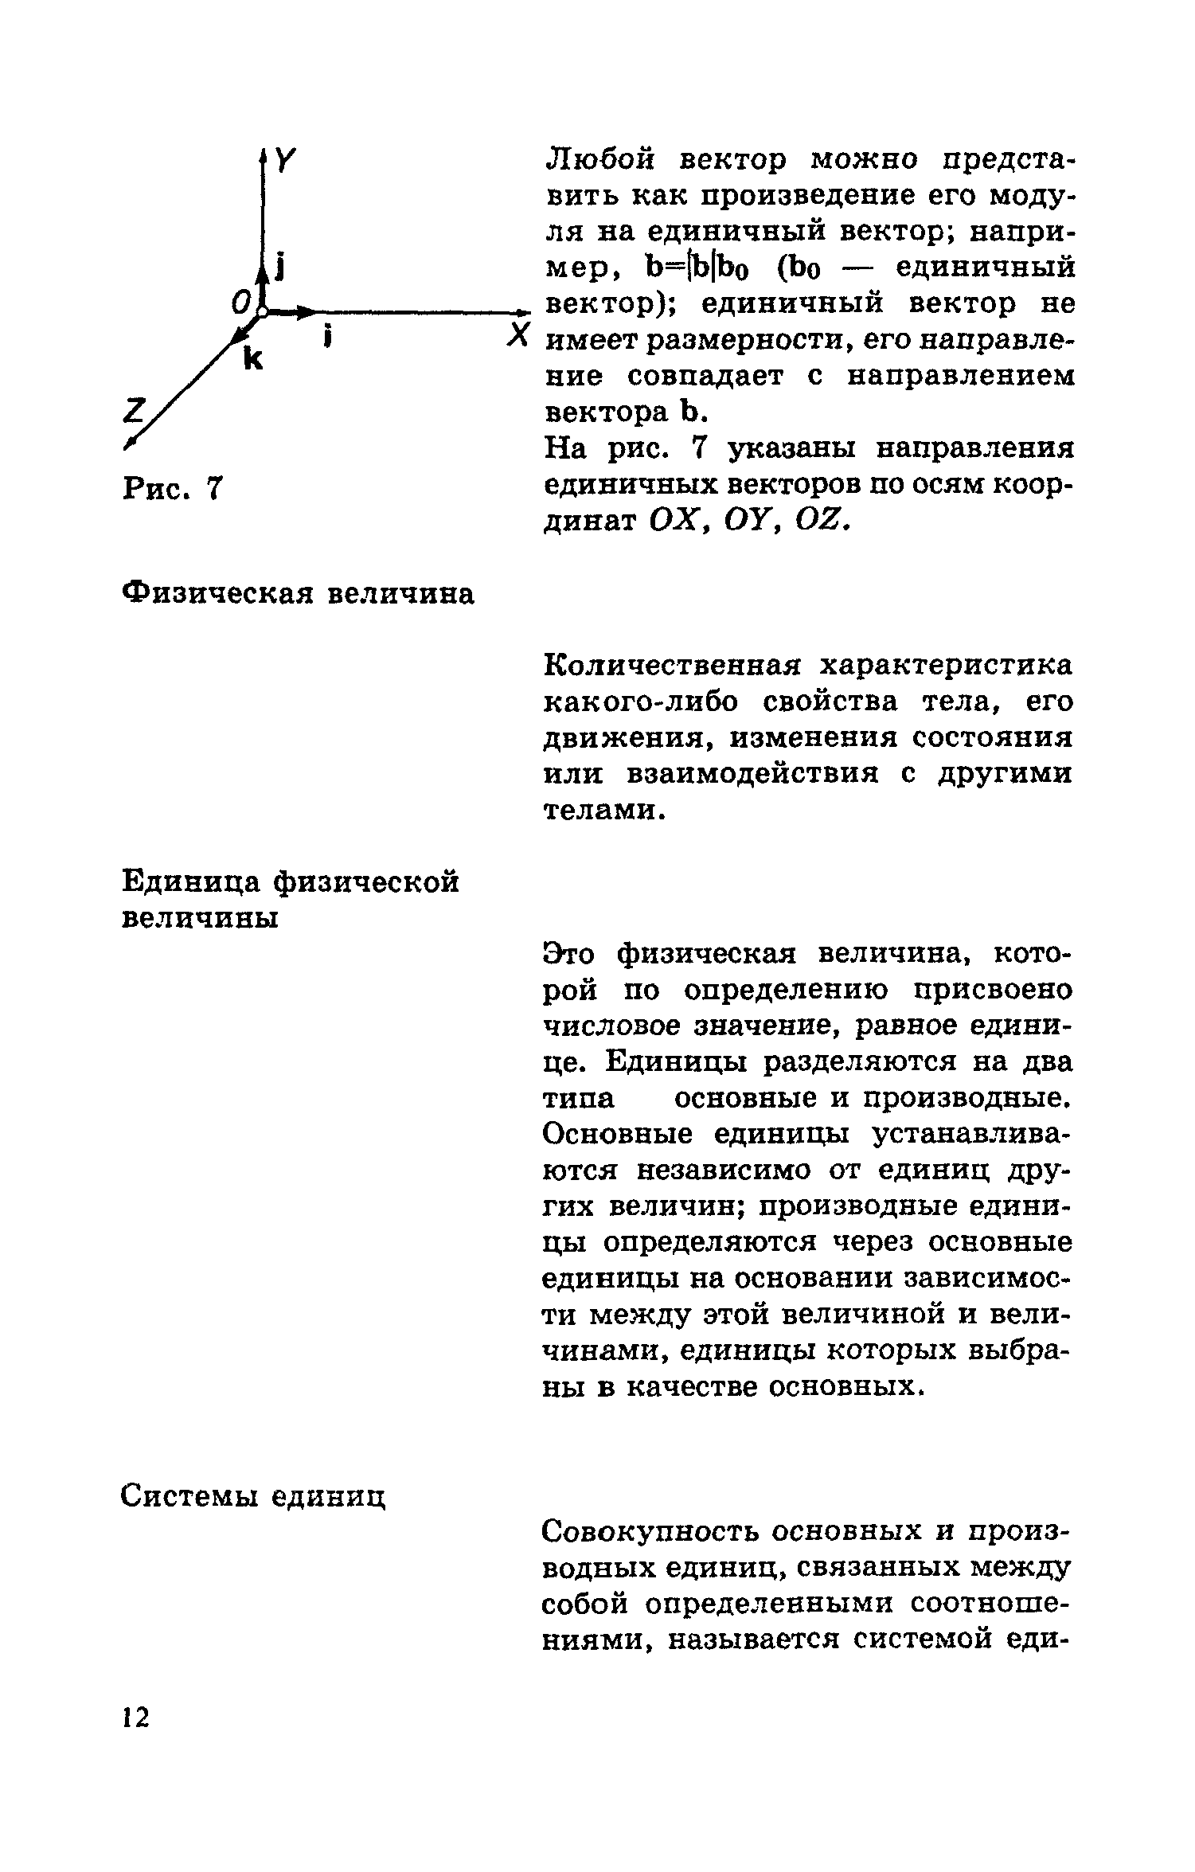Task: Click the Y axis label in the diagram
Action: pos(284,162)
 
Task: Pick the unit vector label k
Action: pos(253,360)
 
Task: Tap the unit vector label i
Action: pos(327,338)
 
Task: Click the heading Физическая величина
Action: pos(299,594)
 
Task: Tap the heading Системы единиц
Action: pos(253,1497)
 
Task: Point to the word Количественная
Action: pos(671,666)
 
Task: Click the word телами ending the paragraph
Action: pos(599,810)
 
